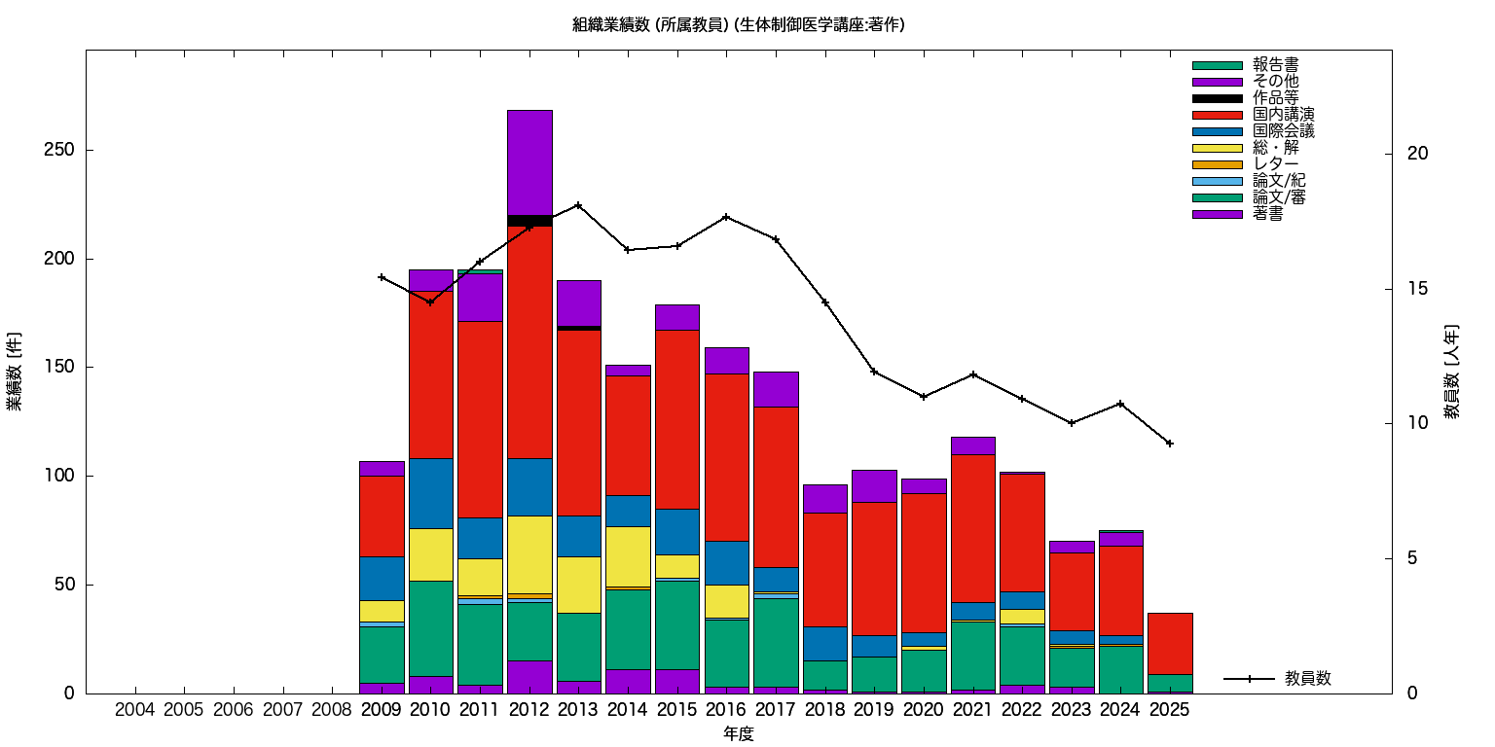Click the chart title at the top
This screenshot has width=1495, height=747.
pos(739,25)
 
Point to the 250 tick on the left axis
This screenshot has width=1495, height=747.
pos(64,151)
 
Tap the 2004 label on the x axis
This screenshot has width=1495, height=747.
pos(134,709)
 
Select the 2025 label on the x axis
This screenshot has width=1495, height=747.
pos(1169,709)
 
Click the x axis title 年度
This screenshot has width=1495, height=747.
pos(739,734)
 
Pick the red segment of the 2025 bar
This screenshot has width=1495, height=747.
pos(1169,643)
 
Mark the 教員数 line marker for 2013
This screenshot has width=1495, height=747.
pos(578,205)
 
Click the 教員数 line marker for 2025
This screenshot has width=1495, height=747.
pos(1169,444)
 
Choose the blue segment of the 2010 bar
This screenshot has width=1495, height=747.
pos(431,493)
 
